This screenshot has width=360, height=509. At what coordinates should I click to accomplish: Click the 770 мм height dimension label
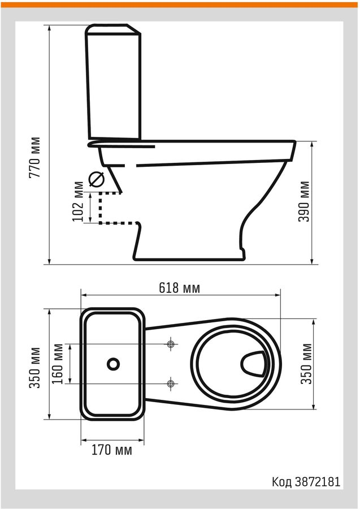coord(34,157)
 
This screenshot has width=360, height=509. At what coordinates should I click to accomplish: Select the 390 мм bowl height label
coord(304,201)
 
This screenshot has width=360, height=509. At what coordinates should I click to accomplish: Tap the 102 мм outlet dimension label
coord(78,201)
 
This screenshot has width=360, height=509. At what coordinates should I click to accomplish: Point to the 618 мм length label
coord(179,288)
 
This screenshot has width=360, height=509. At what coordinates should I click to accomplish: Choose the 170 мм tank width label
coord(112,450)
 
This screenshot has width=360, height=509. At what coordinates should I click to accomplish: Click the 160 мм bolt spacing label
coord(58,364)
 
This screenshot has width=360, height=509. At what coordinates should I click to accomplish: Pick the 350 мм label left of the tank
coord(34,368)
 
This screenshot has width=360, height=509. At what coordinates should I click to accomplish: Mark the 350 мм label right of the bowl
coord(306,364)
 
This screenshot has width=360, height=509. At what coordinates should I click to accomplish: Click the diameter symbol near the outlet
coord(97,179)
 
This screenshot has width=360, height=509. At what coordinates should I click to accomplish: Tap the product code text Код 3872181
coord(306,482)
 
